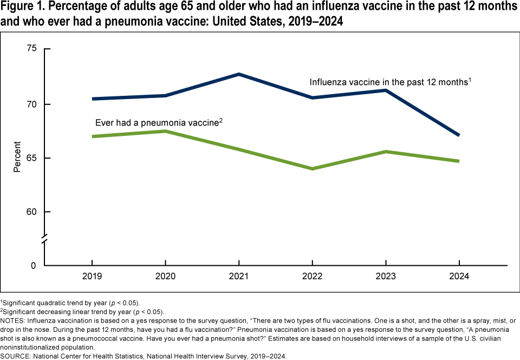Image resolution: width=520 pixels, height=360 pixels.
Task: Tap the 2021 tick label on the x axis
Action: point(239,276)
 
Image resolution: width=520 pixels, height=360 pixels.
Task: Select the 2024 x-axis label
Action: point(459,276)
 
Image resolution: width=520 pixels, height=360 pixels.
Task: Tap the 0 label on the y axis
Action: point(34,266)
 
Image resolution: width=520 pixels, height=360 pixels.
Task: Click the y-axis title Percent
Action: point(17,157)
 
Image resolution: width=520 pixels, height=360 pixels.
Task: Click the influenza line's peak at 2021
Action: point(239,74)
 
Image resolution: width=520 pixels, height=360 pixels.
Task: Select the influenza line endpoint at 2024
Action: point(459,135)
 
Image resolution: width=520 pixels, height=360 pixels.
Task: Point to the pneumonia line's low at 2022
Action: point(313,169)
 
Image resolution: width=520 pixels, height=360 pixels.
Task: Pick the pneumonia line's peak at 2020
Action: point(165,131)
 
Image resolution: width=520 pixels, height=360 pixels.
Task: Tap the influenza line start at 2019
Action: point(92,99)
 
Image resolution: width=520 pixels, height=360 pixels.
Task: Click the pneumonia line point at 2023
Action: point(386,152)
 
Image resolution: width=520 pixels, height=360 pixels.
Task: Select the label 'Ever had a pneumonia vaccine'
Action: point(159,122)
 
